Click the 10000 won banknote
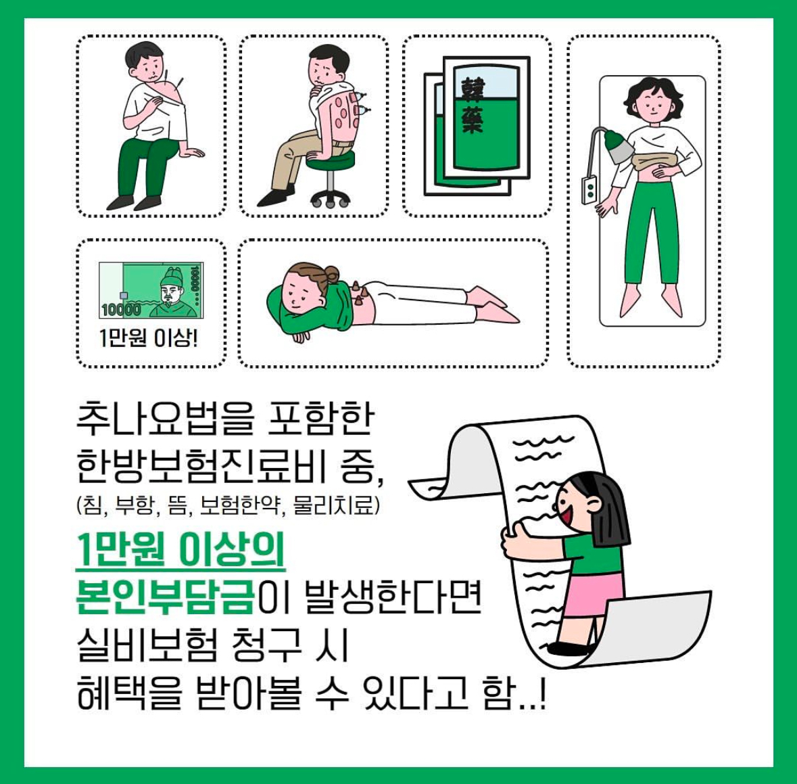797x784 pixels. click(151, 290)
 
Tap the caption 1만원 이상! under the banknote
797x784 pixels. click(149, 338)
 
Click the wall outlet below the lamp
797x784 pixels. click(589, 189)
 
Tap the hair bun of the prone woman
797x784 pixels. click(331, 273)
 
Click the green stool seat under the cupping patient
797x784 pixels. click(331, 161)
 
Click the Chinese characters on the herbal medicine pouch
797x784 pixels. click(473, 106)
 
